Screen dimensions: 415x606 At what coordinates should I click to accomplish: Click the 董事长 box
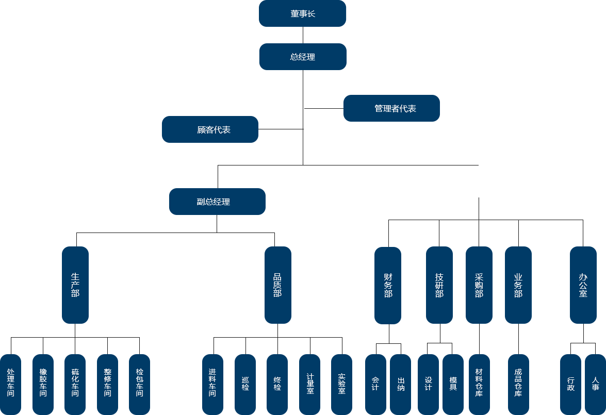pyautogui.click(x=302, y=14)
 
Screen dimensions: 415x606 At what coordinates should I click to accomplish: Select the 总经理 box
pyautogui.click(x=302, y=57)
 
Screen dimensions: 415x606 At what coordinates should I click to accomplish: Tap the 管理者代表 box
pyautogui.click(x=391, y=108)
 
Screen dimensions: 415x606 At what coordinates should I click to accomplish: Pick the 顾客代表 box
pyautogui.click(x=210, y=129)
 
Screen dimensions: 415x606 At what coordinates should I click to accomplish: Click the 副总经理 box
pyautogui.click(x=217, y=202)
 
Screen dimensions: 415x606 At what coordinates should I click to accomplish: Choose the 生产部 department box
pyautogui.click(x=75, y=285)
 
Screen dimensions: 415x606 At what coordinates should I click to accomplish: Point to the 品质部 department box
pyautogui.click(x=277, y=285)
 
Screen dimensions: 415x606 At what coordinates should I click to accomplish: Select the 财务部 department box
pyautogui.click(x=387, y=285)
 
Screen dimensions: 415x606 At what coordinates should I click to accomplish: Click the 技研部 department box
pyautogui.click(x=439, y=285)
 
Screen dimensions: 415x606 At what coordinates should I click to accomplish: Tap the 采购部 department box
pyautogui.click(x=479, y=285)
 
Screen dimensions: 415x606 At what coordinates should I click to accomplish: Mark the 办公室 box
pyautogui.click(x=583, y=285)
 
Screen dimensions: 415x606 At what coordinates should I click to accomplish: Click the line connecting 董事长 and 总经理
pyautogui.click(x=303, y=35)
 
